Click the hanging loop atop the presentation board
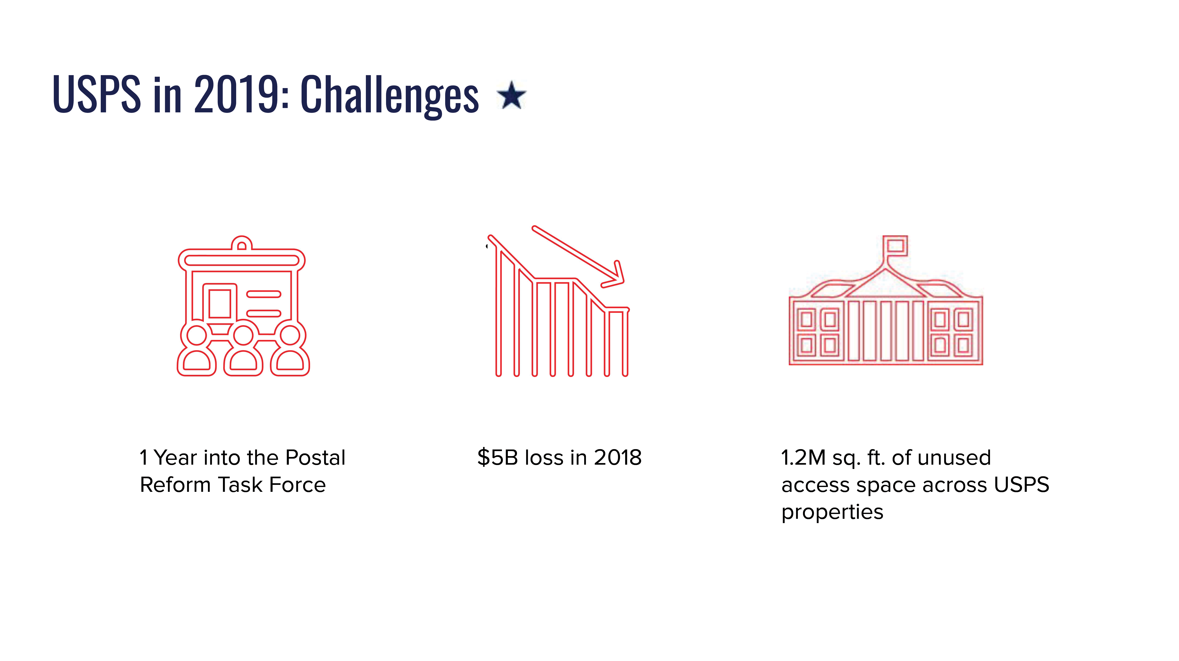pos(242,243)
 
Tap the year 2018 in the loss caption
pos(618,458)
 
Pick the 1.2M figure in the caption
pos(803,458)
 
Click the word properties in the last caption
pos(832,512)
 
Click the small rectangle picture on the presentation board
pos(220,303)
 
